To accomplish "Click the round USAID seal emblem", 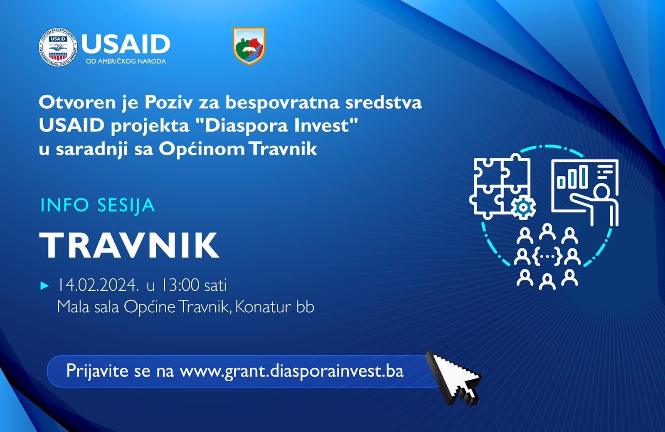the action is click(x=58, y=47).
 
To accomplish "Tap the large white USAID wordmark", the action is click(x=126, y=44).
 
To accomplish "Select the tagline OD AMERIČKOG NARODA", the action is click(x=126, y=61).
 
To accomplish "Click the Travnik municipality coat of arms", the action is click(x=249, y=46).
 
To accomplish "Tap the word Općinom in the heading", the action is click(x=202, y=148).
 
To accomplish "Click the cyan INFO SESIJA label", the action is click(x=98, y=205).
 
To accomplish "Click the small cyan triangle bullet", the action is click(x=44, y=286).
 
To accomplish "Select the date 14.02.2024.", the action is click(x=98, y=285).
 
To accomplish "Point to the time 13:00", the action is click(x=180, y=285).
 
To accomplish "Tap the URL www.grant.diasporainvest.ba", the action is click(x=291, y=371).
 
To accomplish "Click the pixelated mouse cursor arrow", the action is click(x=453, y=378).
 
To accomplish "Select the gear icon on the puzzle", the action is click(x=523, y=207).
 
